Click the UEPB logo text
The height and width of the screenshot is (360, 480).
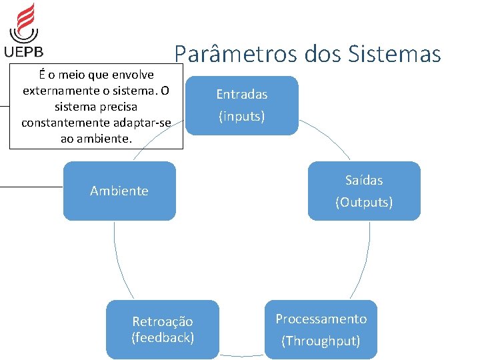click(x=23, y=51)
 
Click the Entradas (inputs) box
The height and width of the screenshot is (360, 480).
click(x=241, y=105)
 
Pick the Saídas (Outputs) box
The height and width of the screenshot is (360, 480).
click(x=364, y=191)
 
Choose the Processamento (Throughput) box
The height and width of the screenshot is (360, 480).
click(x=321, y=329)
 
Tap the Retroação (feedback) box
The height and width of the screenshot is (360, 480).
click(x=163, y=329)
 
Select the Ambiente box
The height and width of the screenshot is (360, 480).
click(x=119, y=191)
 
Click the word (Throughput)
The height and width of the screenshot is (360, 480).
click(x=321, y=341)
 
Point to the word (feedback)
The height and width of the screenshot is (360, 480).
click(x=163, y=337)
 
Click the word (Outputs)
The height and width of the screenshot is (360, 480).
click(x=364, y=202)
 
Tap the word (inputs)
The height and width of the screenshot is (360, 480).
click(x=241, y=117)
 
